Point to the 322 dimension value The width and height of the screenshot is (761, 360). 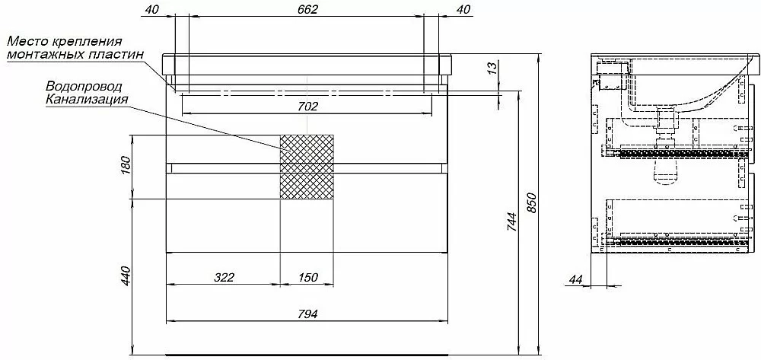[x=224, y=277]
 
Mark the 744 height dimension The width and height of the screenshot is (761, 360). [x=512, y=222]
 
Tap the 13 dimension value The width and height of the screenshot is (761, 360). [x=492, y=69]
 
